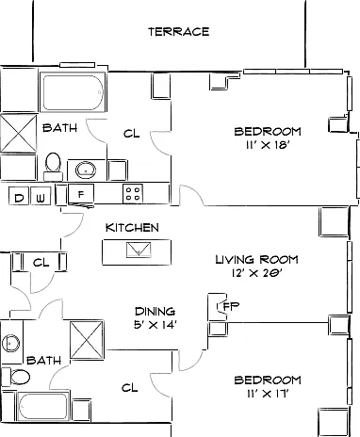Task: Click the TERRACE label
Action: pos(179,32)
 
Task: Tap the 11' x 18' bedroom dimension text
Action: pos(268,145)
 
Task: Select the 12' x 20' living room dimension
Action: pos(256,273)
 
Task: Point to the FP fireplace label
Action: pos(231,306)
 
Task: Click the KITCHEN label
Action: pos(132,228)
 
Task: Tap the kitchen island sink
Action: pos(139,250)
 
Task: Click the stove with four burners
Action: pos(133,194)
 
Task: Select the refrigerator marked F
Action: pos(81,195)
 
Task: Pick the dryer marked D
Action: pos(19,196)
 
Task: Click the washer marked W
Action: pos(41,196)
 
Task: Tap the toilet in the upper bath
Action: pos(53,167)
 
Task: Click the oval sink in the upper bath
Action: pos(86,170)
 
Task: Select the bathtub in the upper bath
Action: pos(73,92)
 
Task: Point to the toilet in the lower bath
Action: pos(16,377)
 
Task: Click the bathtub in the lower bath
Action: pos(43,407)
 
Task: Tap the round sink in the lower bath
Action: pos(11,343)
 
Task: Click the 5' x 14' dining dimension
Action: pos(155,325)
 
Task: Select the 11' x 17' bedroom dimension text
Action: pos(268,394)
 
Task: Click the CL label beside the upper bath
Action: pos(132,134)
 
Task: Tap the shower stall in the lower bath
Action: pos(87,340)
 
